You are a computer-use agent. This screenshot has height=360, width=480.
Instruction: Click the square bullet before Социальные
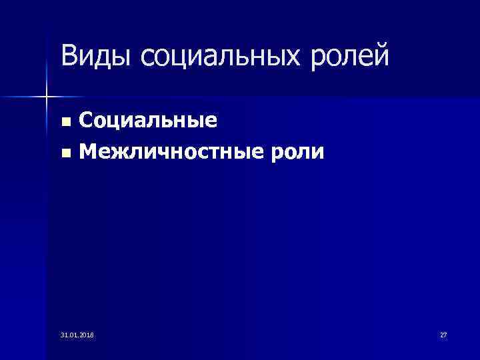65,123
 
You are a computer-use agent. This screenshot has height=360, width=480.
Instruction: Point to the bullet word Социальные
148,121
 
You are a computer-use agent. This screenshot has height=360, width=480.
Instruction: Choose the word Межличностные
166,153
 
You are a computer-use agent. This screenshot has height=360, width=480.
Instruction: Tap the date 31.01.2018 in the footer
77,334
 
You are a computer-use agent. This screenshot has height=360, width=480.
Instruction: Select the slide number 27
443,334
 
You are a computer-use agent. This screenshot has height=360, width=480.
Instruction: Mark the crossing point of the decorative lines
46,97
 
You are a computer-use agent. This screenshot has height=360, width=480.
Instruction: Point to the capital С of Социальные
87,121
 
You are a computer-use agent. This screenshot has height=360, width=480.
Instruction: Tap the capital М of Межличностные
89,153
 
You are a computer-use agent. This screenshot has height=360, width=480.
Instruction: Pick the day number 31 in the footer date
63,334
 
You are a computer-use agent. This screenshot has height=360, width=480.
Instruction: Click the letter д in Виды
100,58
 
